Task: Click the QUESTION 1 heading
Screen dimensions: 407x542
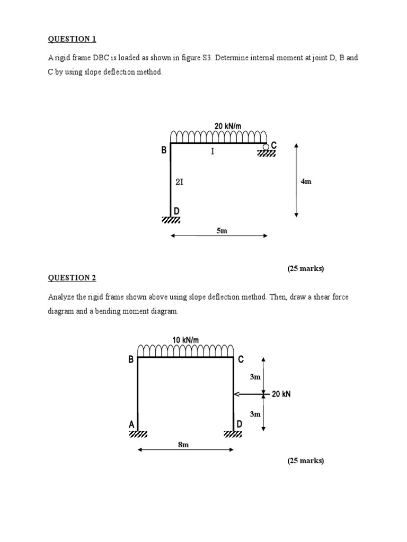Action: coord(73,39)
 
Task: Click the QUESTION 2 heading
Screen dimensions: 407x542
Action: coord(73,278)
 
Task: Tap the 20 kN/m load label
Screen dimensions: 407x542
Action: coord(227,126)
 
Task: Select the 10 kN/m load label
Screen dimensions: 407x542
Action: coord(185,340)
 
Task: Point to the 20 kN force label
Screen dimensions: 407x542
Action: coord(281,394)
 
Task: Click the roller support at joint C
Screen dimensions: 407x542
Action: coord(266,147)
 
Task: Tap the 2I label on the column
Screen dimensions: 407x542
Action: coord(179,182)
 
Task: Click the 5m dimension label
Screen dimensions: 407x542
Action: coord(222,231)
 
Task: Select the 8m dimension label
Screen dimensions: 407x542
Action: coord(183,445)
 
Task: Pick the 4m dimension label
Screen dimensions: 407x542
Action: coord(306,182)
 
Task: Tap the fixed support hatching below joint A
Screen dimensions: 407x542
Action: coord(138,434)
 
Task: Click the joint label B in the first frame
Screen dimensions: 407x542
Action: coord(164,150)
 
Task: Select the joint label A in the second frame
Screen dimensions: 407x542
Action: coord(131,424)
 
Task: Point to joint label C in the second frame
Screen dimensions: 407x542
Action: coord(241,360)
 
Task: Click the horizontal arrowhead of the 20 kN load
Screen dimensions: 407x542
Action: coord(237,394)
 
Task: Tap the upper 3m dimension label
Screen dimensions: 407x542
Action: coord(255,377)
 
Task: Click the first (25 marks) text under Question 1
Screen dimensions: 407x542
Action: coord(306,268)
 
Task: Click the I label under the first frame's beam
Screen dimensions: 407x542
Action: coord(213,152)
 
